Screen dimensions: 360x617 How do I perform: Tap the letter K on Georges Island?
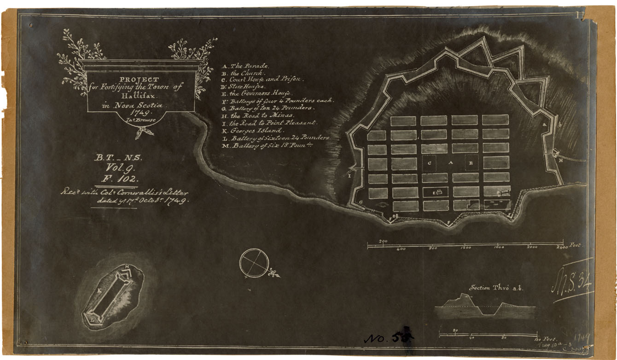click(99, 291)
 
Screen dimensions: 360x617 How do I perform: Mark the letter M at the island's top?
click(127, 267)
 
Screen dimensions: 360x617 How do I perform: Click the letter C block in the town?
click(429, 163)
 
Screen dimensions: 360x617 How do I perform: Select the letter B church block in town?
click(471, 163)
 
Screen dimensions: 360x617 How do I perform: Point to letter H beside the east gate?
click(561, 161)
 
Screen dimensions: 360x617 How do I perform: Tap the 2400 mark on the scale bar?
click(562, 247)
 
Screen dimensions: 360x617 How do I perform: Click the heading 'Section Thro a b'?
click(496, 288)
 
